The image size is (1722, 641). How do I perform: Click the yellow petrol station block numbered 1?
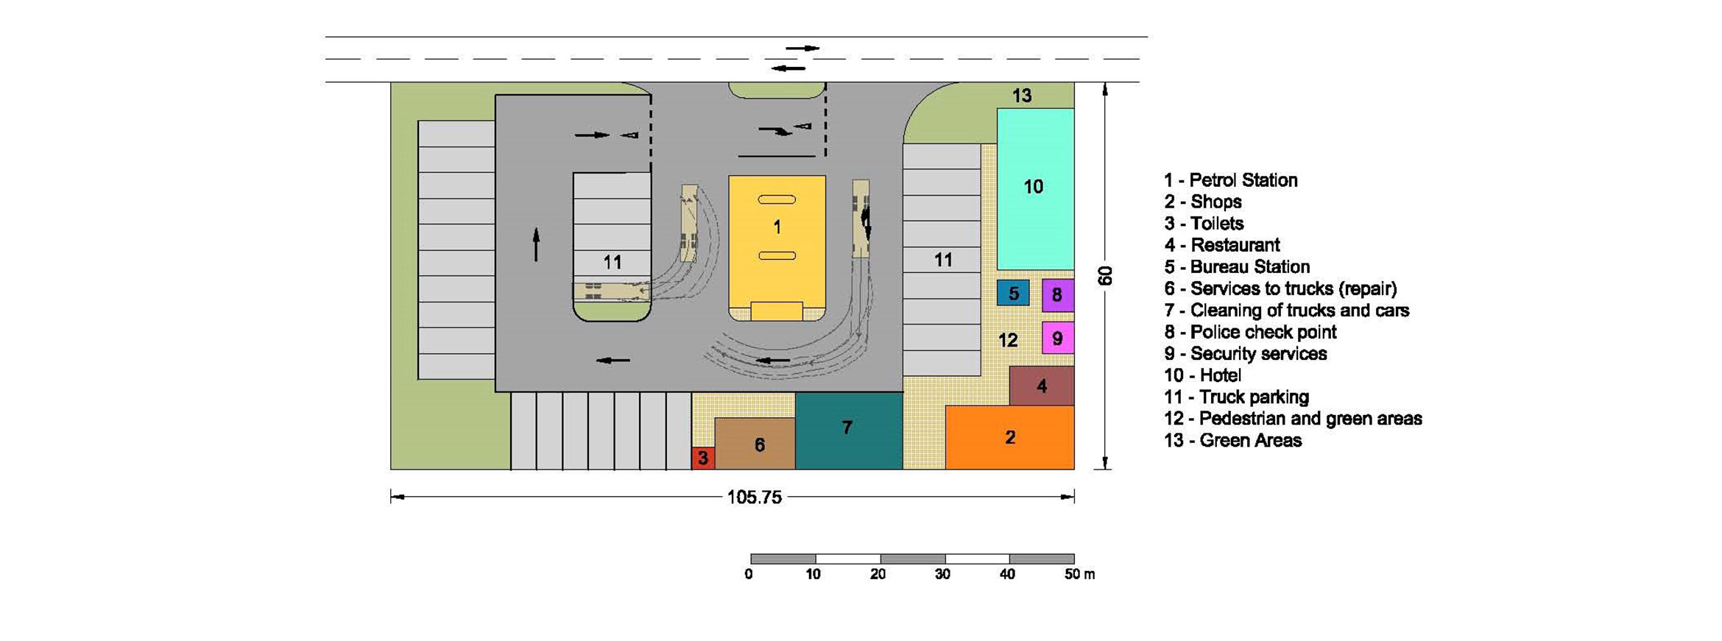777,248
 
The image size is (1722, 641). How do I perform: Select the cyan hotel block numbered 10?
1035,189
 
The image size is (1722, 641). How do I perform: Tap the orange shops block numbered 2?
1010,437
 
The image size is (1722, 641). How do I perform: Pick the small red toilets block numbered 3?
703,458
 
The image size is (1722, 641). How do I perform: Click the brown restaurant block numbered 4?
1042,386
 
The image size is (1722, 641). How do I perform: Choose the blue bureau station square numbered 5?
1013,293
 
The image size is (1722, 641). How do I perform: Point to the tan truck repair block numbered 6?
755,444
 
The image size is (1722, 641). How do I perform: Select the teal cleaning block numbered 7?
849,431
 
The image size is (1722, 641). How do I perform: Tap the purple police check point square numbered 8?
1058,295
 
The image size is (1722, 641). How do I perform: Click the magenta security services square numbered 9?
1058,338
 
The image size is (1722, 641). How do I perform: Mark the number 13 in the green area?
1022,95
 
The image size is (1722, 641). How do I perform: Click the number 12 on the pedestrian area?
1008,340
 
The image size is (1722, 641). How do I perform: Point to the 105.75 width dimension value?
755,497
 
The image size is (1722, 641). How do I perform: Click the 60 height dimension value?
1105,276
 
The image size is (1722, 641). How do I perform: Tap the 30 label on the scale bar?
942,574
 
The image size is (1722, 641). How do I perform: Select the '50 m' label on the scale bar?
1080,574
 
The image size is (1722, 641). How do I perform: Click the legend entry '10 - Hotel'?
1202,375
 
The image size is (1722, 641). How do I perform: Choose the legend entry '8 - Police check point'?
1250,332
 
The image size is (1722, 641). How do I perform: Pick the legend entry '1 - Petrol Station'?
1230,180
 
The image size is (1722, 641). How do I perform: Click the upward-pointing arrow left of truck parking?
536,244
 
